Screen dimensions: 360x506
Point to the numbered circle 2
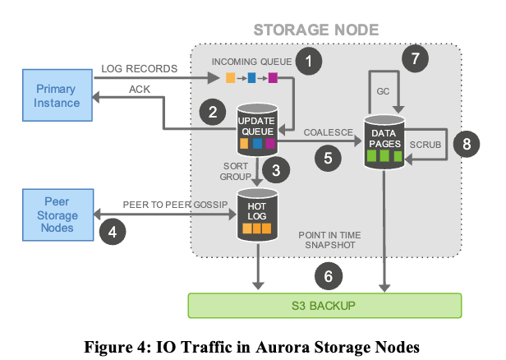213,112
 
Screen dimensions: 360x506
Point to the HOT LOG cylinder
256,215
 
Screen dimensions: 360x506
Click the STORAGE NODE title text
315,30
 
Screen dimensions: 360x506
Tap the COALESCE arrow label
328,131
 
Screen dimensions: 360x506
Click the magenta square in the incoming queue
273,79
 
